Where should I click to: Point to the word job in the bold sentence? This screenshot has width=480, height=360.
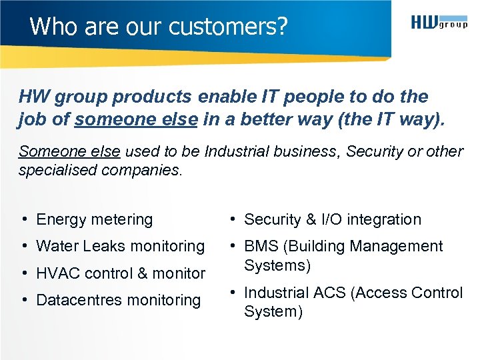pos(33,120)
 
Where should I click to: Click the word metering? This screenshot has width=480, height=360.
pos(122,219)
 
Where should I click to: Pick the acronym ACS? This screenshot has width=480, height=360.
pos(329,293)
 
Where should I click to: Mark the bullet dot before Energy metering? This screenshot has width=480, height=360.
pos(23,219)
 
